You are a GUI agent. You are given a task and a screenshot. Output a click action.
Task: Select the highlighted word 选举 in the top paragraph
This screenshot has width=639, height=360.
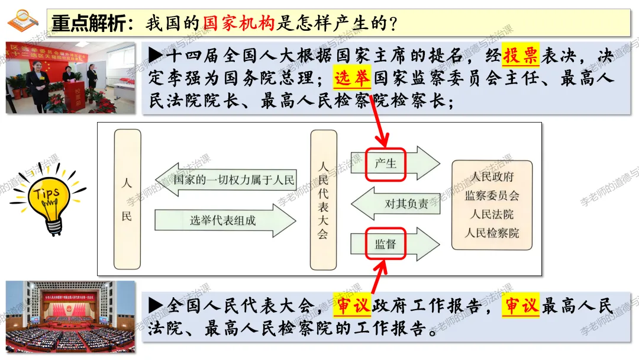click(x=352, y=78)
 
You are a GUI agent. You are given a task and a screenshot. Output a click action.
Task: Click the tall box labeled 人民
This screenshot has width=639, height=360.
click(x=127, y=200)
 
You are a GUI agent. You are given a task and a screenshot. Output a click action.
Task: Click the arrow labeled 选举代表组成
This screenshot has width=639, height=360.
click(x=225, y=220)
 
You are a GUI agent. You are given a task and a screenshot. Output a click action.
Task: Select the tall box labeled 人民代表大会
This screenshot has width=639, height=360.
click(x=323, y=200)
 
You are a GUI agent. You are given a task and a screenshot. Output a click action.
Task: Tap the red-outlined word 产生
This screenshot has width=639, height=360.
click(x=385, y=163)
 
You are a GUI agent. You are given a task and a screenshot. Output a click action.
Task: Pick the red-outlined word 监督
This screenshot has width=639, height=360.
click(x=385, y=243)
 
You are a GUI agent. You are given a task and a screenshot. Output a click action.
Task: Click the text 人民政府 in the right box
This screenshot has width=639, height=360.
click(x=492, y=177)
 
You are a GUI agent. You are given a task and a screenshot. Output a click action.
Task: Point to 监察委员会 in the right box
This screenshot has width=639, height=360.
click(x=492, y=195)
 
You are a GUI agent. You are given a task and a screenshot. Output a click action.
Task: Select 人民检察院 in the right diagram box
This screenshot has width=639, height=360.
click(x=492, y=233)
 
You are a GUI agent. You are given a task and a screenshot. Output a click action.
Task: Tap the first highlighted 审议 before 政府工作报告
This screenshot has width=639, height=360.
click(x=351, y=306)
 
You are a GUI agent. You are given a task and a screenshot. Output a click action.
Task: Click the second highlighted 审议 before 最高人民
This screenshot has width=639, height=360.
click(x=521, y=306)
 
